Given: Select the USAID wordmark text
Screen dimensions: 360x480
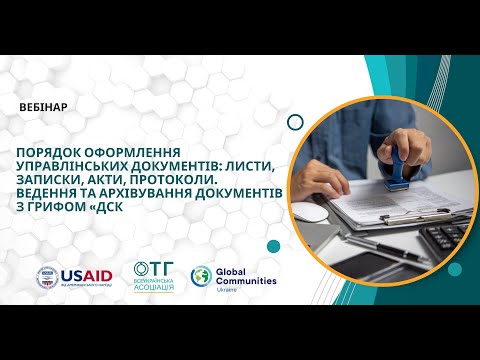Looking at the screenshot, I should [x=88, y=275].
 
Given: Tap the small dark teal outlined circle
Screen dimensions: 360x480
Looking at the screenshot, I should [x=294, y=122].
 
